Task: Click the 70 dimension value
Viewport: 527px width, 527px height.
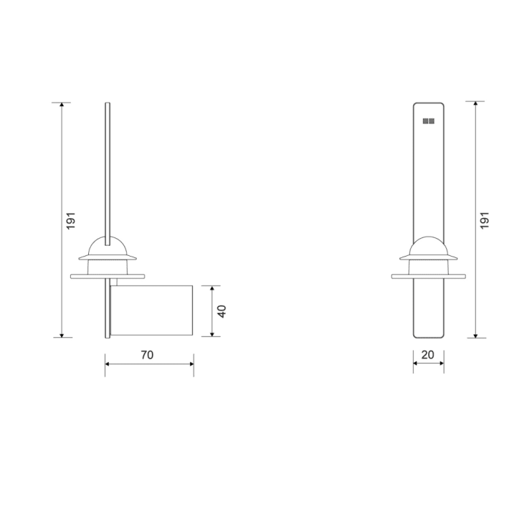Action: pos(147,354)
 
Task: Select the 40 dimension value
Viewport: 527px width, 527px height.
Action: pos(222,311)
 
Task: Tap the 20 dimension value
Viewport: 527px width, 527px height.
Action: pos(428,354)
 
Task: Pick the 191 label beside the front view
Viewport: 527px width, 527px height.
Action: pos(484,221)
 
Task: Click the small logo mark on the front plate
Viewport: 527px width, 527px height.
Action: pos(429,122)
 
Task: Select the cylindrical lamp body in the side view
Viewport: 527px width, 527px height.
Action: pos(152,311)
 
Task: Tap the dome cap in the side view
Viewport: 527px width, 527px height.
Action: pos(108,247)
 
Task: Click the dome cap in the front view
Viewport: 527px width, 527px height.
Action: pos(428,246)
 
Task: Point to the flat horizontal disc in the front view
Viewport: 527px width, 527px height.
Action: pos(428,276)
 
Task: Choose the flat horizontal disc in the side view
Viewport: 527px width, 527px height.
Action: pos(108,276)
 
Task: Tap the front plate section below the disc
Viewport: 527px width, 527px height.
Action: pos(428,308)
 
